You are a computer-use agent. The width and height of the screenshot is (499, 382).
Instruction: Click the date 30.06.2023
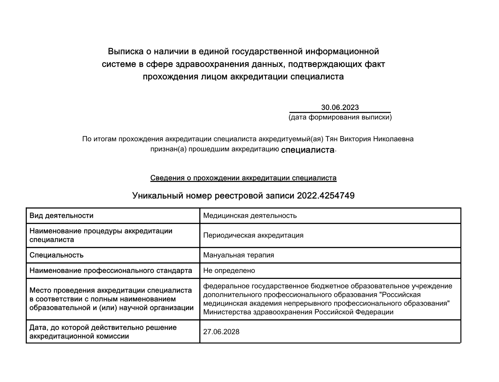pos(340,107)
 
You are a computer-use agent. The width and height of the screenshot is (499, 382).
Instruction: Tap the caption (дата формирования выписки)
pos(340,117)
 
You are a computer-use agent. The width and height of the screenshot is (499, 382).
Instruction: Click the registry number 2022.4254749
pos(325,196)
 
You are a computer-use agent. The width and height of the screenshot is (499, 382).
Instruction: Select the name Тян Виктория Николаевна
pos(369,139)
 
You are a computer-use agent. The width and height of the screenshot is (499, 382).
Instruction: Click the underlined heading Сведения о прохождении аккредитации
pos(243,178)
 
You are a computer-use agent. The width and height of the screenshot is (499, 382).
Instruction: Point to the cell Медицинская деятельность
pos(250,216)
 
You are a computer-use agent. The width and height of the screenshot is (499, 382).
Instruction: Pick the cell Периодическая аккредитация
pos(253,235)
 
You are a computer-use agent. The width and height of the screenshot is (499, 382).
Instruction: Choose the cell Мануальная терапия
pos(239,255)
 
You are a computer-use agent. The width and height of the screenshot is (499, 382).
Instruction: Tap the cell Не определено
pos(229,271)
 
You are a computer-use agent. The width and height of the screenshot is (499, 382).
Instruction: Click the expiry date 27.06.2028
pos(221,332)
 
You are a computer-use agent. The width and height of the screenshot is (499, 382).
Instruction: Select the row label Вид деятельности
pos(62,216)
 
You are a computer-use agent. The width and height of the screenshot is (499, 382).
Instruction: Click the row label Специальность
pos(56,255)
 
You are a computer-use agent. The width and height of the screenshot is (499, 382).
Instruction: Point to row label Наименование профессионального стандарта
pos(111,271)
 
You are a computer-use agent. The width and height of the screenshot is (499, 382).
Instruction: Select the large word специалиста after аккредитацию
pos(307,150)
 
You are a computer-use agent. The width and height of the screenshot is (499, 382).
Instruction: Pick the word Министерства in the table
pos(227,312)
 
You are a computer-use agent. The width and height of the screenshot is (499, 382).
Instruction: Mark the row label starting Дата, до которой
pos(103,332)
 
